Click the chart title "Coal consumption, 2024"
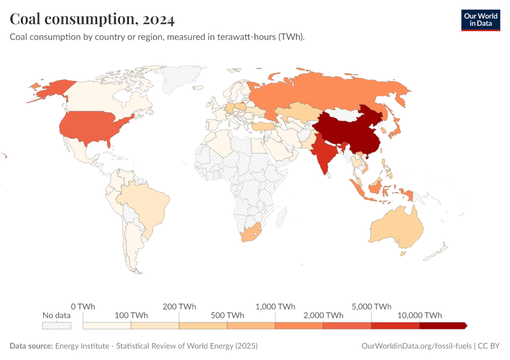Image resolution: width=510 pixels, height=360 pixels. click(92, 19)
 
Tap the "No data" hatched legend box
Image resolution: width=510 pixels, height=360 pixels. click(56, 325)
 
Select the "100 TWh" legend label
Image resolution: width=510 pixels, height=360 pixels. click(131, 315)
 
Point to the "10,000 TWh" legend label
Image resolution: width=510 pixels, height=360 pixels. click(419, 315)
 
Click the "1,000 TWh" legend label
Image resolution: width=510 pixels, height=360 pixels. click(275, 306)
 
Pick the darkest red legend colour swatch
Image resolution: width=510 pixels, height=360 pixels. click(442, 325)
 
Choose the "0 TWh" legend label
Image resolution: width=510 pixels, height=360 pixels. click(83, 306)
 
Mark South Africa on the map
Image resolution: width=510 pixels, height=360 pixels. click(251, 233)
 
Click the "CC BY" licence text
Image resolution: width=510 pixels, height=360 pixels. click(489, 346)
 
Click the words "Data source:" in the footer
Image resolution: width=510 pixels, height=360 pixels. click(31, 346)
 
